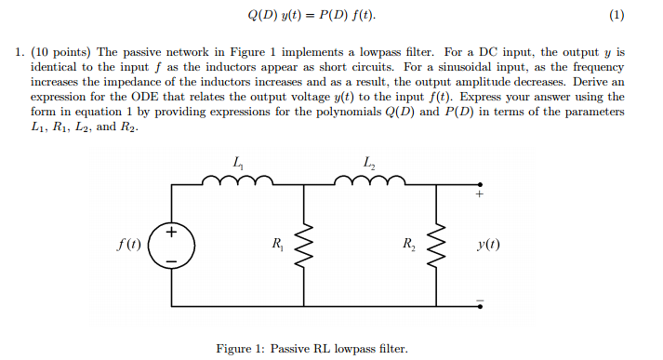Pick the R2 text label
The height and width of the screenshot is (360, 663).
pyautogui.click(x=409, y=245)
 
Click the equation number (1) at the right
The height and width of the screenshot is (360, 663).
pyautogui.click(x=617, y=17)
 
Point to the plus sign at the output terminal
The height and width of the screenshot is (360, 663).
pyautogui.click(x=480, y=195)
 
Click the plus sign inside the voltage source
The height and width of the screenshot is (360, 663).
pyautogui.click(x=174, y=233)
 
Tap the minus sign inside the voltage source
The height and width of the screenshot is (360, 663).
pyautogui.click(x=174, y=260)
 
